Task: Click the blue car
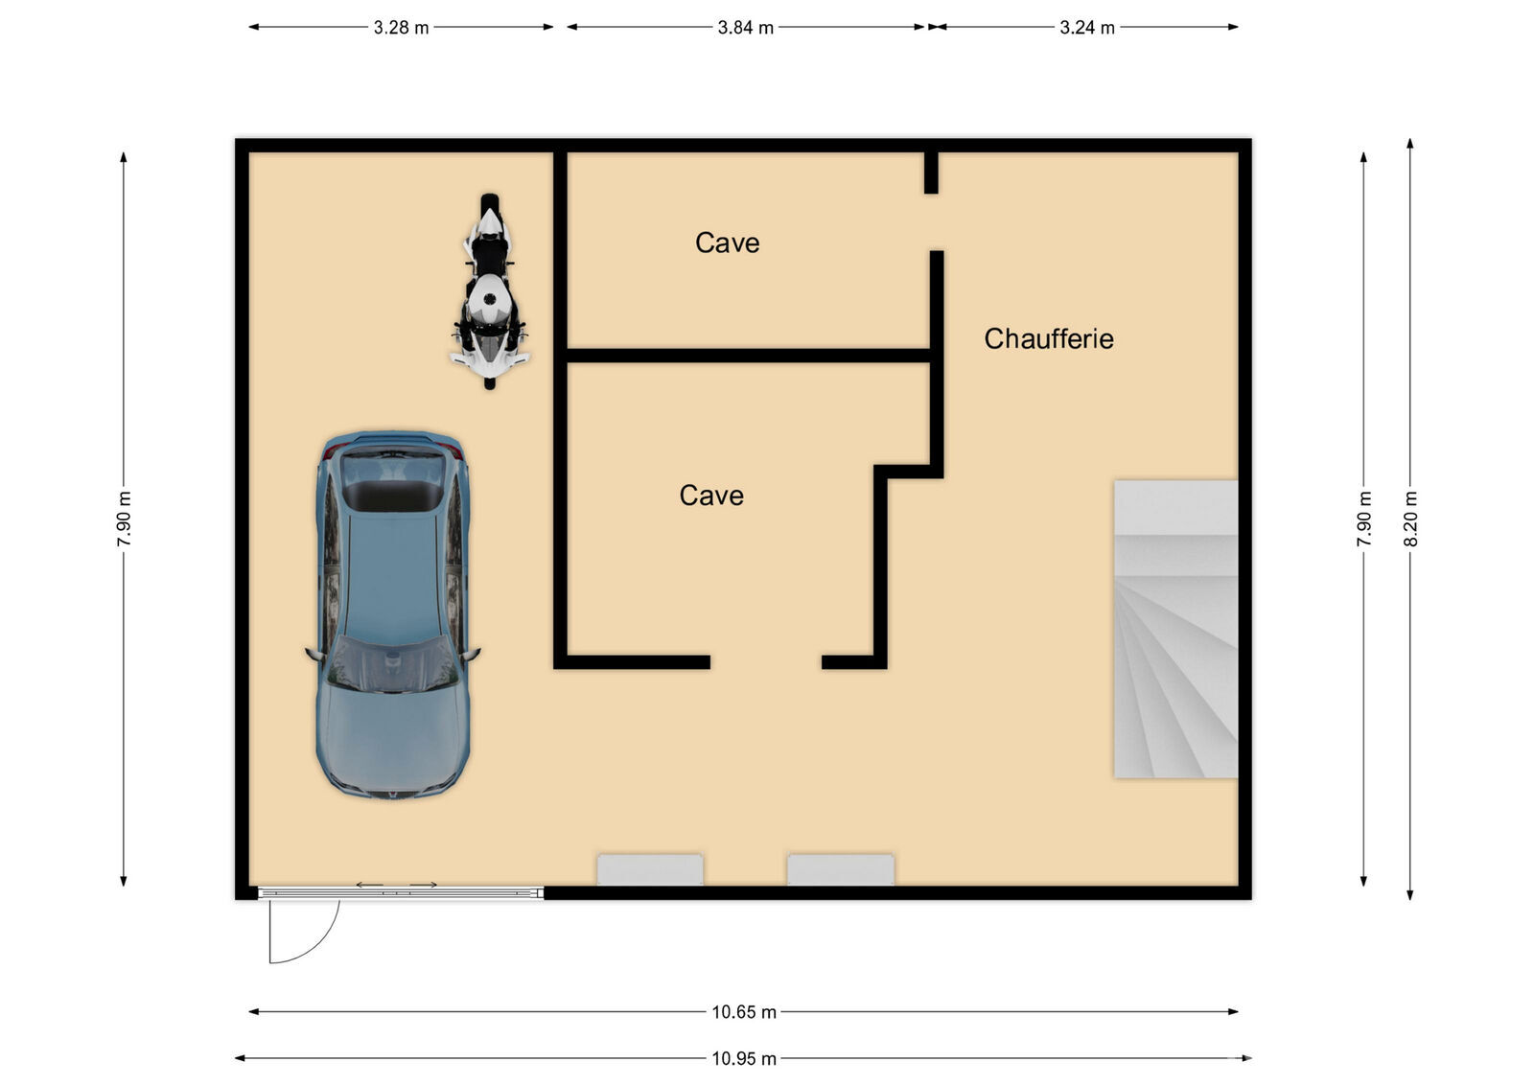pos(392,614)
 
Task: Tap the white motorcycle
pos(489,291)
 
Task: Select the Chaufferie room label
pos(1049,339)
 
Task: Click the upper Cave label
pos(728,243)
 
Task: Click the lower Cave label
pos(711,496)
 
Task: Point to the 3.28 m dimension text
pos(401,28)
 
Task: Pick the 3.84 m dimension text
pos(745,28)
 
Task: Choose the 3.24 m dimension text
pos(1087,28)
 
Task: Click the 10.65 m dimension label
pos(744,1012)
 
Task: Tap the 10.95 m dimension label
pos(744,1058)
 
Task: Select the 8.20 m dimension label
pos(1410,519)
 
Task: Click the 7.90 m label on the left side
pos(124,519)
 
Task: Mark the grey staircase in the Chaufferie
pos(1175,629)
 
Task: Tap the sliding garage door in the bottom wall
pos(401,892)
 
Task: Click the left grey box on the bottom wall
pos(650,869)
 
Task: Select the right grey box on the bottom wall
pos(840,869)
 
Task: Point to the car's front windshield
pos(392,664)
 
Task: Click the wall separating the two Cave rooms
pos(749,356)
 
